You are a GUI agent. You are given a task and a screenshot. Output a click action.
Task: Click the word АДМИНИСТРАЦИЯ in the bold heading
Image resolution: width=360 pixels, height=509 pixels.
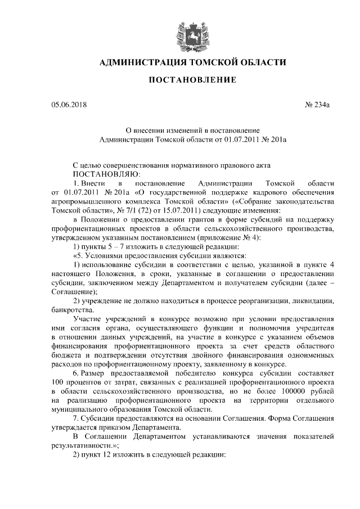[143, 61]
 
